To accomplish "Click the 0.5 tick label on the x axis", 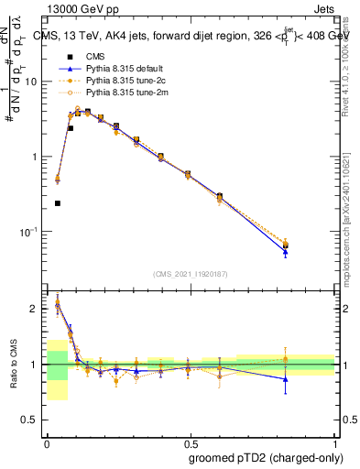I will tap(191, 441).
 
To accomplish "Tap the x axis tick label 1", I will tap(336, 441).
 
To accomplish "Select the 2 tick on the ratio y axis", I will tap(37, 309).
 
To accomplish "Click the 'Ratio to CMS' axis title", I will tap(14, 365).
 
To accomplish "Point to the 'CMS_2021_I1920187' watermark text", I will tap(191, 274).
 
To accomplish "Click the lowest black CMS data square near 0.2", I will tap(58, 203).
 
